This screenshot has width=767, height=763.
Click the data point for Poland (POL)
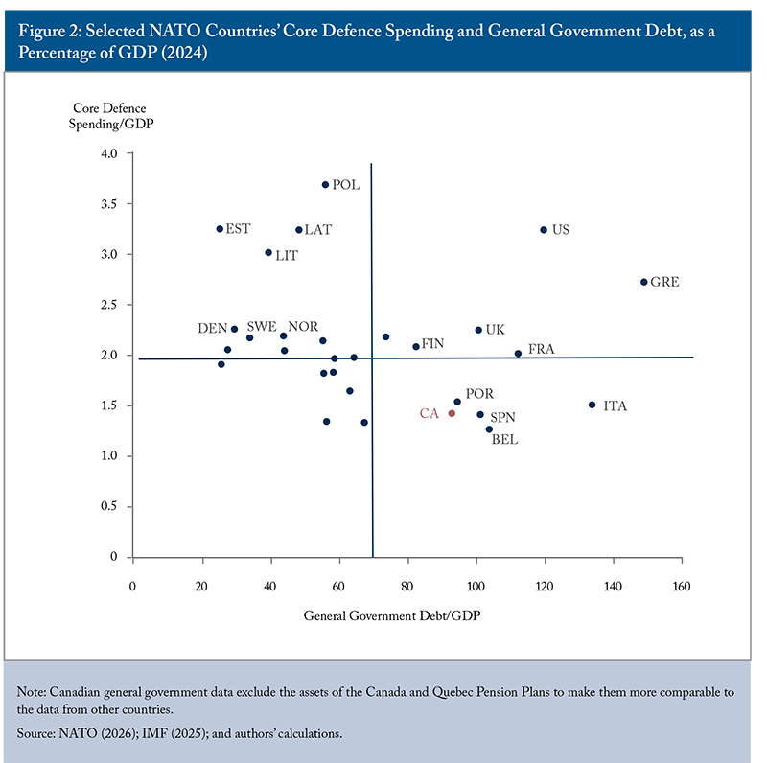pyautogui.click(x=325, y=185)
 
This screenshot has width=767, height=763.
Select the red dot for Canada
pyautogui.click(x=452, y=413)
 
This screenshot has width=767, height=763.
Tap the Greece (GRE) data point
pyautogui.click(x=643, y=282)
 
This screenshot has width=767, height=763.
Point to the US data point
pyautogui.click(x=544, y=230)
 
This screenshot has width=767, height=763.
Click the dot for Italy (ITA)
pyautogui.click(x=592, y=405)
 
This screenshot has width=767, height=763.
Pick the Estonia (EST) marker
pyautogui.click(x=220, y=229)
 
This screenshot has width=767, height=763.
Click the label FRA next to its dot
pyautogui.click(x=541, y=350)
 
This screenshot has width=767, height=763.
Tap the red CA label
pyautogui.click(x=429, y=414)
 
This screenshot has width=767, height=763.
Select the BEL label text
pyautogui.click(x=505, y=440)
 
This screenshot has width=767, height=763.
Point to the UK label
pyautogui.click(x=495, y=330)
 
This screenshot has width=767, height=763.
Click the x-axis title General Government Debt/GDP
pyautogui.click(x=392, y=615)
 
